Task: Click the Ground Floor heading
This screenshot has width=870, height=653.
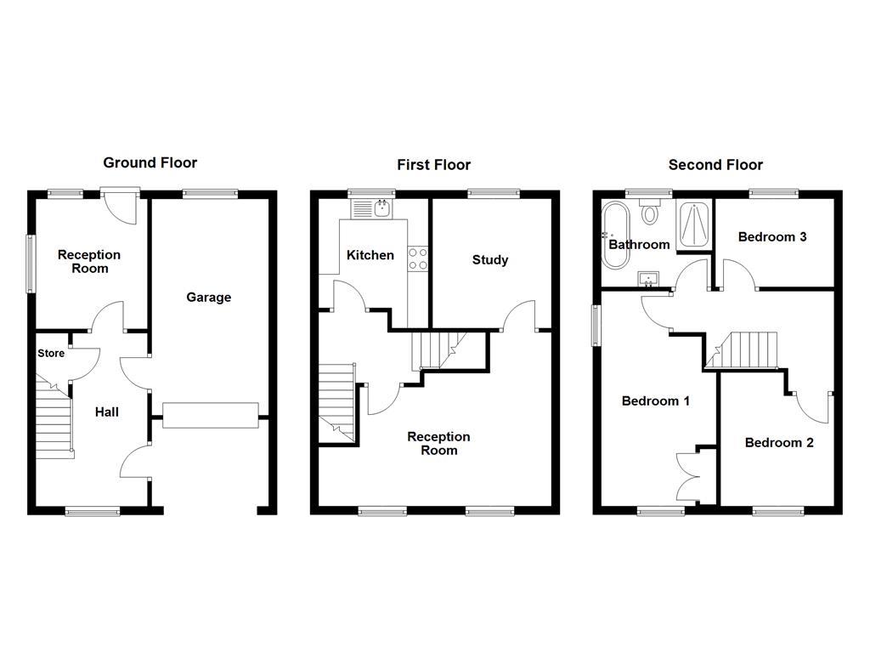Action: coord(150,162)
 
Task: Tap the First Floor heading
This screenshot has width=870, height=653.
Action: coord(434,165)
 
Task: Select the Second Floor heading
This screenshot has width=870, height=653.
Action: coord(715,165)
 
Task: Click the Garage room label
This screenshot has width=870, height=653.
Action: coord(209,298)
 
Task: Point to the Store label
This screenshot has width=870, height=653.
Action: coord(51,353)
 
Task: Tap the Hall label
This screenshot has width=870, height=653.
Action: coord(106,412)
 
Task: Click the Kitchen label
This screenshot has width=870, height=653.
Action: coord(370,255)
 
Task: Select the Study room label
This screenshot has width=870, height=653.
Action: coord(490,260)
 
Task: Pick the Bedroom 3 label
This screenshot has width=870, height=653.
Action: coord(771,237)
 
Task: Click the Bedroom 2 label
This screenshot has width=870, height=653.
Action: coord(779,442)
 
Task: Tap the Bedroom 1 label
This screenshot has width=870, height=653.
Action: coord(655,401)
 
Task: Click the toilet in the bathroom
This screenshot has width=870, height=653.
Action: coord(649,212)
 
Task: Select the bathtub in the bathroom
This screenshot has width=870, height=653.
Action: coord(616,236)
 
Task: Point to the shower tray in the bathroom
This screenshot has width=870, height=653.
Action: coord(693,224)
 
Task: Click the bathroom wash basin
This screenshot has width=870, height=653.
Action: coord(648,280)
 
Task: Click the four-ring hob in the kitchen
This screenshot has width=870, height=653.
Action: coord(418,258)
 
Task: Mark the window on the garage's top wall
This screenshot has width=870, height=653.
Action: coord(210,194)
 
